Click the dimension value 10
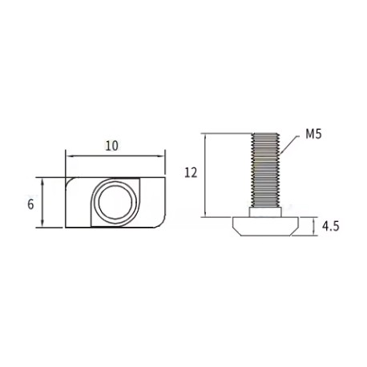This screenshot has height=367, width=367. coord(111,145)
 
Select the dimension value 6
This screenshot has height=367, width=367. coord(30,204)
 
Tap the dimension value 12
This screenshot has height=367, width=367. coord(190,171)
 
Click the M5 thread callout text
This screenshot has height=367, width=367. coord(313,136)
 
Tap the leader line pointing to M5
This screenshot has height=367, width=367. coord(290,144)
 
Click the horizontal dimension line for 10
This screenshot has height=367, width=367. coord(115,155)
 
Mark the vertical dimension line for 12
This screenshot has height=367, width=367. coord(208,175)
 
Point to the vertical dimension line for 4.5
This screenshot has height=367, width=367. coord(315,226)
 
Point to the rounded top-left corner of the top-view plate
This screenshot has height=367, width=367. coord(70,181)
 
